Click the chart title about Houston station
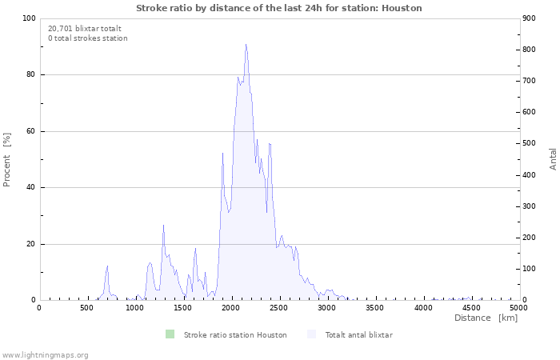(279, 8)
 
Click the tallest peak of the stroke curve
(246, 46)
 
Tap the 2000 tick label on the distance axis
(231, 307)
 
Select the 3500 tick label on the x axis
(375, 307)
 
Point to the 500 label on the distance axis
(87, 307)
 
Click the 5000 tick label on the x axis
(518, 307)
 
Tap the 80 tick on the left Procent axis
(30, 75)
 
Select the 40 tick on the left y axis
(30, 188)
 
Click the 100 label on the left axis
(28, 18)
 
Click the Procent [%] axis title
(7, 159)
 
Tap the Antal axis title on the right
(553, 158)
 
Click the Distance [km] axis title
(486, 318)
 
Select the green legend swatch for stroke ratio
(169, 334)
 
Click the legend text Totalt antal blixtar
(358, 334)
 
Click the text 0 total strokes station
(87, 38)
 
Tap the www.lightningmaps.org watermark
(45, 354)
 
